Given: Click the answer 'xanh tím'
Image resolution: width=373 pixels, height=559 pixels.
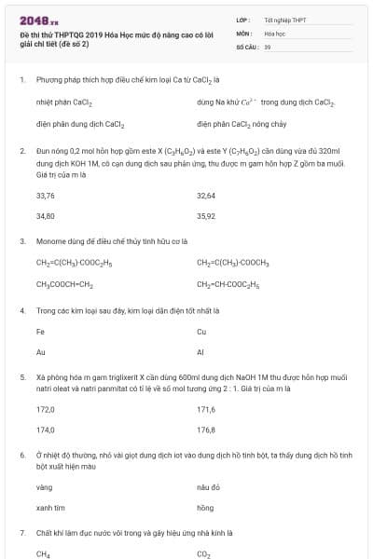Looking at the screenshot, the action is click(48, 508).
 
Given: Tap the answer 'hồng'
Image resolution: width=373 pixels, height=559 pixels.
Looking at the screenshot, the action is click(205, 508).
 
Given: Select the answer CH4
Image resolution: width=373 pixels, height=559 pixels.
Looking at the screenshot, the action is click(43, 553).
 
